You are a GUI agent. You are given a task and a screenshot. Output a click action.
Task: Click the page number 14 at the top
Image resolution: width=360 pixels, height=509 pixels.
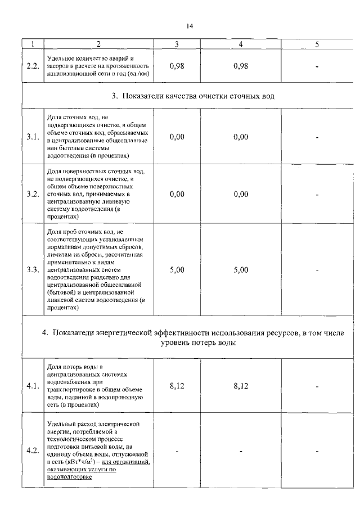point(190,25)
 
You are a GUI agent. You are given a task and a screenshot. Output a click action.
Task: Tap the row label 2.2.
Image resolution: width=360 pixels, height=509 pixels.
point(33,66)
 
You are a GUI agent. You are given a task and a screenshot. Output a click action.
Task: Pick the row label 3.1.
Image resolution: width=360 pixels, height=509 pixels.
point(33,137)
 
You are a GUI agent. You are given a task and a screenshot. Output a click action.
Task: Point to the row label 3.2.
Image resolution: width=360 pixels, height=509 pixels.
point(33,195)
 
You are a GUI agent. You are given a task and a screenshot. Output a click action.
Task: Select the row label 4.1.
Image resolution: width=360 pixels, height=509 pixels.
point(33,386)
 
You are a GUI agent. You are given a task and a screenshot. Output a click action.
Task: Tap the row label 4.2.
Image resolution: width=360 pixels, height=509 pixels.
point(33,451)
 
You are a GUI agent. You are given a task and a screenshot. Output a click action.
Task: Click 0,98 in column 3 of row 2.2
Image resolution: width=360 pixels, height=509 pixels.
point(177,66)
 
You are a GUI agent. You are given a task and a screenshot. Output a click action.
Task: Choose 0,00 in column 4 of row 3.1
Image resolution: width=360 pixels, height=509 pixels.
point(241,137)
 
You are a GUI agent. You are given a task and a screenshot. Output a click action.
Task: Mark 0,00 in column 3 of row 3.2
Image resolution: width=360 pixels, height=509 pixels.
point(177,195)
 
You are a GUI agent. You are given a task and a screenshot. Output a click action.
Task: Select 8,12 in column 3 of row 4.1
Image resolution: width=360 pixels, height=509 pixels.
point(177,386)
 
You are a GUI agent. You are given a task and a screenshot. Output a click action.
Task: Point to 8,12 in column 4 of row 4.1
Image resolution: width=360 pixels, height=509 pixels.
point(241,386)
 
